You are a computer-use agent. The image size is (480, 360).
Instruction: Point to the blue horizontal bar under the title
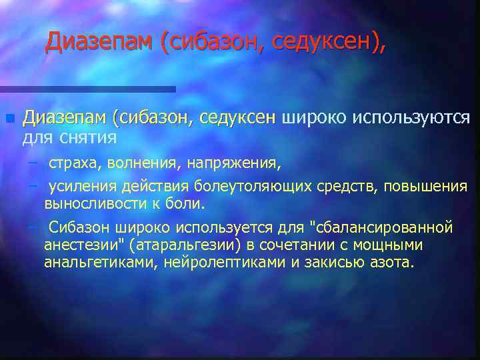coord(87,89)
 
